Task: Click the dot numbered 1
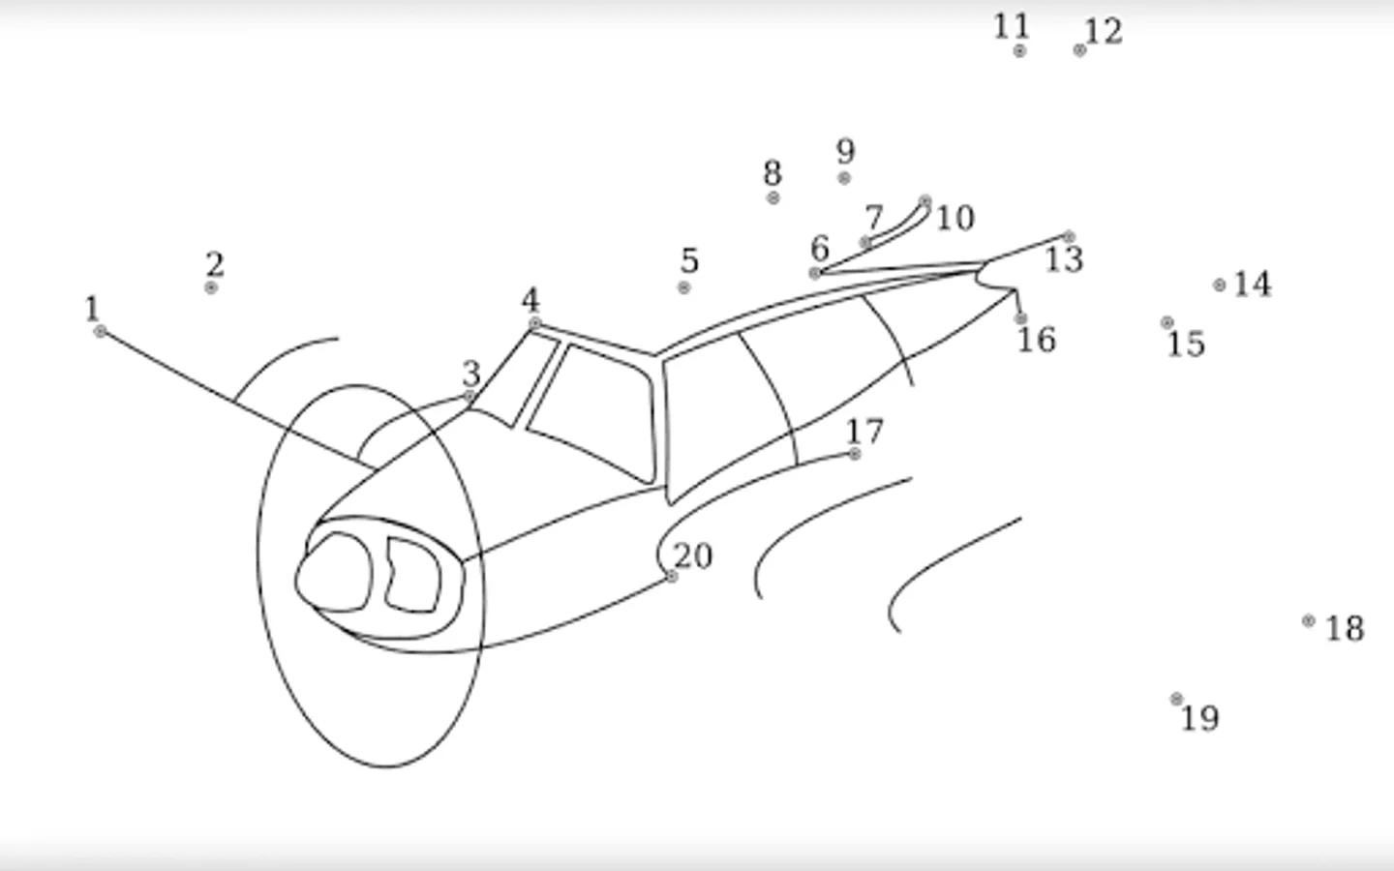pos(100,332)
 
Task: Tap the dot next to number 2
pos(211,287)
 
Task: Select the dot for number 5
pos(683,287)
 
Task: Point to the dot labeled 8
pos(773,197)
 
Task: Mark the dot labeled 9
pos(844,178)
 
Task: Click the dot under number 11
pos(1019,50)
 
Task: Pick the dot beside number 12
pos(1079,50)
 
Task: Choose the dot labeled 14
pos(1220,285)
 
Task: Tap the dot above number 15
pos(1167,322)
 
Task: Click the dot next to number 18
pos(1309,620)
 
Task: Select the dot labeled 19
pos(1176,700)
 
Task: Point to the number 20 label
pos(693,556)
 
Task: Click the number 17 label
pos(865,431)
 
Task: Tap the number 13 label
pos(1064,258)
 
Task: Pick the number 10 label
pos(955,218)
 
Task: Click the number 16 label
pos(1037,340)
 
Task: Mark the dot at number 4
pos(534,323)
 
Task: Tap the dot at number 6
pos(815,273)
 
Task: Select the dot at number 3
pos(469,396)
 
